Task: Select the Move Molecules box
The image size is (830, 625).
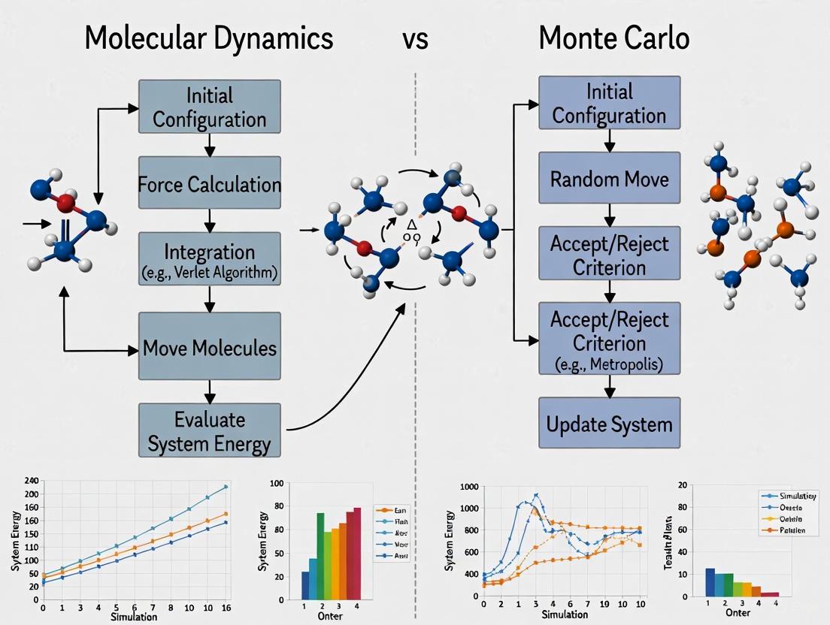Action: [x=210, y=347]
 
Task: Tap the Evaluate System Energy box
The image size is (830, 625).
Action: [x=210, y=430]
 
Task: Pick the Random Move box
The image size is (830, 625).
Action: [x=609, y=178]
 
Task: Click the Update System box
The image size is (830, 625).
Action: [x=609, y=424]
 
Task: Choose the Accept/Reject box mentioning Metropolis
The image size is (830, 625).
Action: [x=609, y=338]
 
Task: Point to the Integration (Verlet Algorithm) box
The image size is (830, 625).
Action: [x=210, y=259]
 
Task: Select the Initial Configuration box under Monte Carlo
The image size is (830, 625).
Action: [x=609, y=103]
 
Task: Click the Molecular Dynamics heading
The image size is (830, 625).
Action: [x=208, y=38]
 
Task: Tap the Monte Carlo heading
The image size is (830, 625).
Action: [x=613, y=38]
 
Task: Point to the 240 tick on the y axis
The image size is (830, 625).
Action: [x=31, y=480]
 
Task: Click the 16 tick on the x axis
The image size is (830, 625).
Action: [x=225, y=607]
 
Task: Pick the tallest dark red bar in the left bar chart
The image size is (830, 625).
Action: [x=357, y=552]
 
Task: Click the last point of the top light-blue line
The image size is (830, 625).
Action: [x=225, y=487]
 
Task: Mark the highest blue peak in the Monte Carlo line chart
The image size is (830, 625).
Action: [x=536, y=495]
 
